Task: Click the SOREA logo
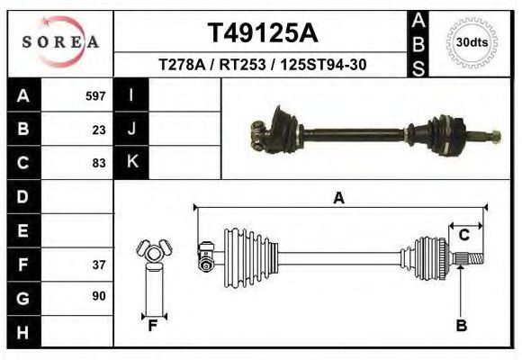(x=60, y=42)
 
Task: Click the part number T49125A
(x=262, y=33)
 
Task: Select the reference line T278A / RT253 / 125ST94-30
(x=262, y=65)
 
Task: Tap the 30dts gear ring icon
(x=467, y=42)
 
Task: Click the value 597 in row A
(x=95, y=96)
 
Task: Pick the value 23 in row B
(x=99, y=130)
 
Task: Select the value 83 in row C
(x=99, y=163)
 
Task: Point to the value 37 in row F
(x=99, y=265)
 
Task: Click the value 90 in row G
(x=99, y=296)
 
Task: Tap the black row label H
(x=23, y=331)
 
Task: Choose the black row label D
(x=23, y=196)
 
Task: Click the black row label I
(x=131, y=95)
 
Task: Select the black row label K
(x=131, y=163)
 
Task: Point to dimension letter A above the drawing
(x=338, y=198)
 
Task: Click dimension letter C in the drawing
(x=464, y=236)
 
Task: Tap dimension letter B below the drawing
(x=461, y=326)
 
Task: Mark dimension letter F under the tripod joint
(x=153, y=326)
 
